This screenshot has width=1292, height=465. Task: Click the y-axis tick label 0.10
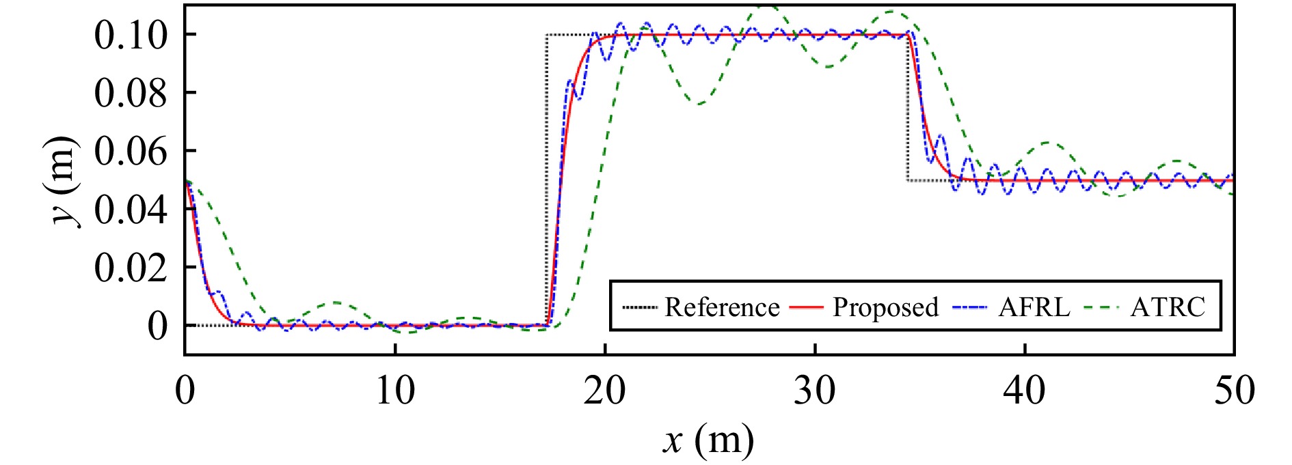coord(130,36)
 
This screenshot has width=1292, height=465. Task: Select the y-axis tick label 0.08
coord(130,94)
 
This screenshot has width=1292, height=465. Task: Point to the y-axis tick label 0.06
coord(130,152)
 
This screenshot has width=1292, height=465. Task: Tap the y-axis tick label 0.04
coord(130,210)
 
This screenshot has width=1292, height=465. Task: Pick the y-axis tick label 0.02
coord(130,268)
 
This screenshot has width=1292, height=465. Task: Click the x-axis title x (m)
coord(708,440)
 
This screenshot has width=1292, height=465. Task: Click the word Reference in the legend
coord(722,307)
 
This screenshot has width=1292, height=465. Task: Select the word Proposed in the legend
coord(885,307)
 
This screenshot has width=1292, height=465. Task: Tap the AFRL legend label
coord(1034,307)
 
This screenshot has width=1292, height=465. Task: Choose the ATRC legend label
coord(1168,307)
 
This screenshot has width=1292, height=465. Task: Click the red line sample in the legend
coord(807,308)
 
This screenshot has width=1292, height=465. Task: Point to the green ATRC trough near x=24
coord(700,104)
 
